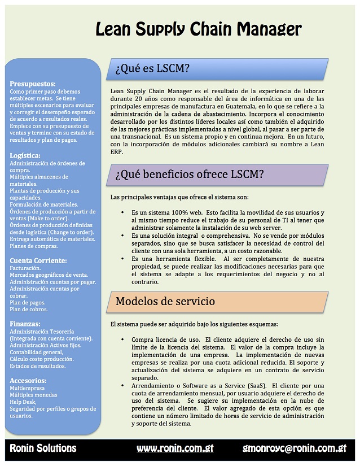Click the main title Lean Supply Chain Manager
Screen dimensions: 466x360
pyautogui.click(x=198, y=29)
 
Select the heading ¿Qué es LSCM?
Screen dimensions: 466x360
pyautogui.click(x=152, y=69)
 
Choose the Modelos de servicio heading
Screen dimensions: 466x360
pyautogui.click(x=165, y=301)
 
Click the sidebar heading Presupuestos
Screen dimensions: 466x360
pyautogui.click(x=33, y=84)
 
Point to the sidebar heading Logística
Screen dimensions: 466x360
pyautogui.click(x=25, y=155)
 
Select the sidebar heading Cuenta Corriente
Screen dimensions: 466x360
pyautogui.click(x=39, y=260)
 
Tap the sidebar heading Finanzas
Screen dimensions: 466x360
pyautogui.click(x=25, y=324)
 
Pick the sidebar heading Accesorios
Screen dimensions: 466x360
pyautogui.click(x=28, y=380)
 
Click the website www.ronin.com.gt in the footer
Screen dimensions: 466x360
pyautogui.click(x=175, y=448)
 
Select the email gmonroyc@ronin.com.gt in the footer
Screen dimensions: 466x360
pyautogui.click(x=294, y=448)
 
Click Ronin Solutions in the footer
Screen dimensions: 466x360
pyautogui.click(x=43, y=448)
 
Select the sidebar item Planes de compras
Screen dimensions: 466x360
pyautogui.click(x=33, y=246)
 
